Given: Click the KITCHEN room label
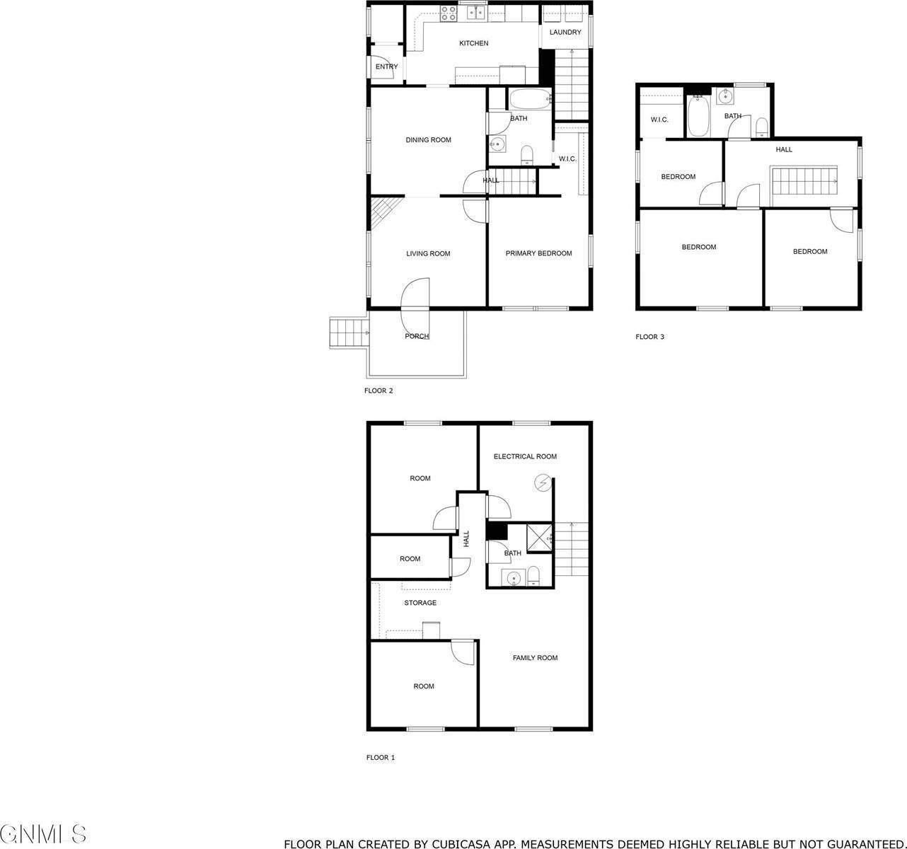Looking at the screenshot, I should coord(473,44).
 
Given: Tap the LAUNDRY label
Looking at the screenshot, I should coord(565,33).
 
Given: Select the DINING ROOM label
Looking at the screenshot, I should coord(428,140).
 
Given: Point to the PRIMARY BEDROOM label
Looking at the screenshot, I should coord(538,253).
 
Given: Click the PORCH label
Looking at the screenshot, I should coord(417,336).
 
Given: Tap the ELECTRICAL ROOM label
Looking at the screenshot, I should coord(525,457).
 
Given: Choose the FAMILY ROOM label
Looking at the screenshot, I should coord(535,658).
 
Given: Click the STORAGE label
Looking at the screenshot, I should coord(420,603).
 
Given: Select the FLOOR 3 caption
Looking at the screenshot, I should coord(649,337).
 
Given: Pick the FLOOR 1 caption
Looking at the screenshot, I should coord(381,758).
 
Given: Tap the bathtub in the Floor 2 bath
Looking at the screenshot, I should coord(530,99).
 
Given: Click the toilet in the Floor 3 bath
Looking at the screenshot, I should coord(761,127).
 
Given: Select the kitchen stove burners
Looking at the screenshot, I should coord(448,12).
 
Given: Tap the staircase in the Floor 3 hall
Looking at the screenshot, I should coord(804,181).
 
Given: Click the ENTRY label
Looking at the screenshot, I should coord(386,67).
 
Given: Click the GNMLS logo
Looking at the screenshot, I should coord(44,834).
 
